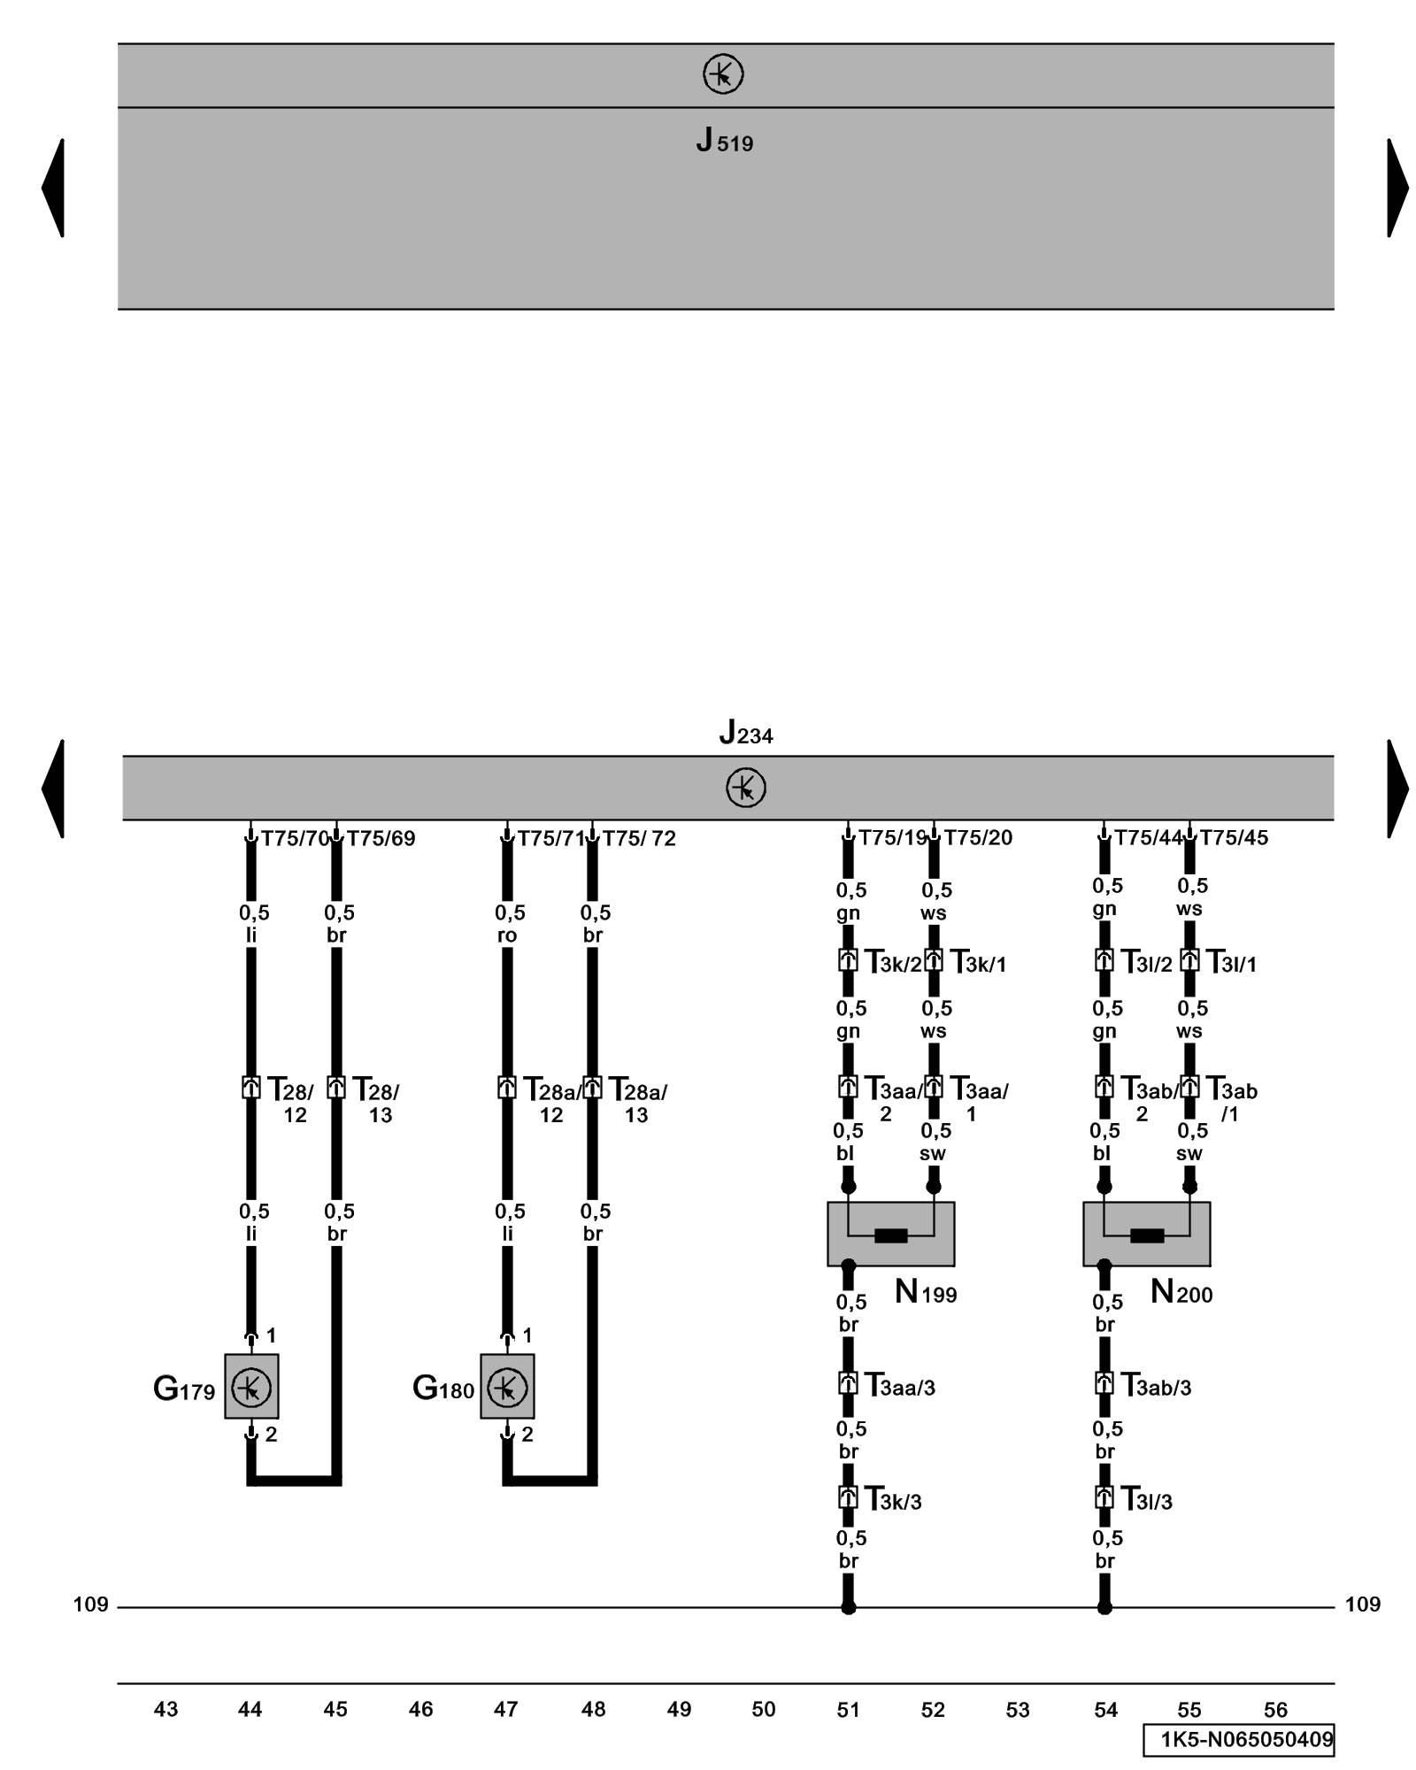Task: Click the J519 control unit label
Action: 724,141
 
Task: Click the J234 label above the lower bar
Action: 745,733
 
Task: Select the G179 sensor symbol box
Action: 251,1386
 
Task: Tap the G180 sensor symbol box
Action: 507,1386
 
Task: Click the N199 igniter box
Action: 890,1234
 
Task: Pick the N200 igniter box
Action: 1146,1234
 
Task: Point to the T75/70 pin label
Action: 294,838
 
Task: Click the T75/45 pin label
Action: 1234,837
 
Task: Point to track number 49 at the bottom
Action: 679,1709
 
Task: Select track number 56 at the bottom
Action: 1275,1709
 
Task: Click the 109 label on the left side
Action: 90,1605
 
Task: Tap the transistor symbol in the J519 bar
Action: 723,74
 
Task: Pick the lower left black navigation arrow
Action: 53,788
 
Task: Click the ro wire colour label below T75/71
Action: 506,935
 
